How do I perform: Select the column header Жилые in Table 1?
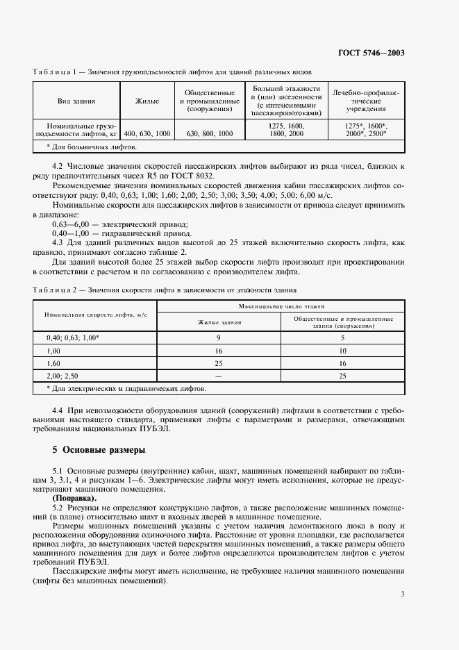(x=147, y=102)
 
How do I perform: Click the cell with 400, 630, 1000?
(x=147, y=132)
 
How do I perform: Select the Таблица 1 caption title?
(x=172, y=72)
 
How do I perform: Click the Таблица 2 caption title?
(x=165, y=290)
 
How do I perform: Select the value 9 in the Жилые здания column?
(x=219, y=337)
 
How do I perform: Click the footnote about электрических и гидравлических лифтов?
(x=126, y=389)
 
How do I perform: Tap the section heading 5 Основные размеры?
(x=95, y=449)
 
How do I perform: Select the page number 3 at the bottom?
(x=403, y=594)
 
